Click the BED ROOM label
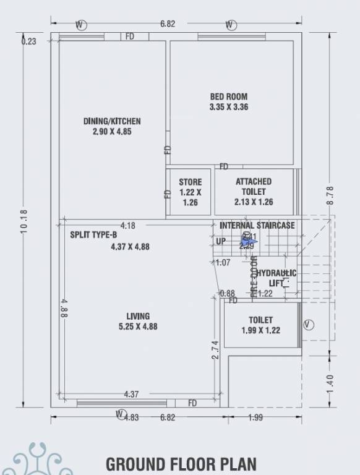(x=228, y=96)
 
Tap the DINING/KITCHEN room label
(x=112, y=121)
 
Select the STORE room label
(x=190, y=182)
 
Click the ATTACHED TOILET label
(x=254, y=182)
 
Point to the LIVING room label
(x=138, y=317)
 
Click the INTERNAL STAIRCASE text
(x=257, y=226)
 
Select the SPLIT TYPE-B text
(x=93, y=236)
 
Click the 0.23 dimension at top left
(x=28, y=41)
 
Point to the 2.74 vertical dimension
(x=215, y=351)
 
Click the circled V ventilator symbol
(x=309, y=325)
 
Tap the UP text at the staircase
(x=221, y=241)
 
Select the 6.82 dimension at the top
(x=167, y=24)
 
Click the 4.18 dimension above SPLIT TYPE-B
(x=127, y=226)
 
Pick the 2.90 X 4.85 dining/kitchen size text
(x=112, y=132)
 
